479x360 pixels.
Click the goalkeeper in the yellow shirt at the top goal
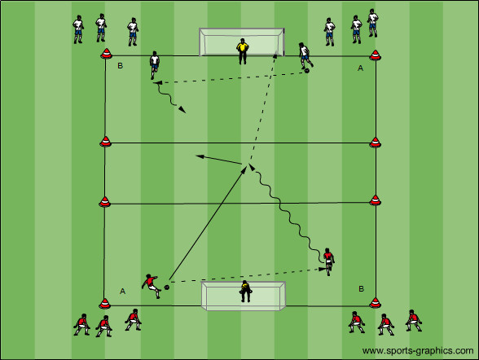242,51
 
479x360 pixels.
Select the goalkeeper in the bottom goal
246,291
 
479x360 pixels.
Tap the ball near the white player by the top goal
306,71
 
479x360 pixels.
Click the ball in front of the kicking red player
167,287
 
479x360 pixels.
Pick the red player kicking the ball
152,286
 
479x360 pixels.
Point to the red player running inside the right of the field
328,261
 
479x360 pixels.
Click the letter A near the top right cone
360,68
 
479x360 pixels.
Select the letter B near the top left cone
120,66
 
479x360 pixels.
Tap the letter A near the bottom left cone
122,291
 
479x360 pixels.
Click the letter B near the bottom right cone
361,288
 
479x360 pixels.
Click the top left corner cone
106,53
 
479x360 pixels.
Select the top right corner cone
375,55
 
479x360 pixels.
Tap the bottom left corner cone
105,303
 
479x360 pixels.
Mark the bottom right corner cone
375,302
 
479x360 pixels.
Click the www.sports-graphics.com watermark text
418,350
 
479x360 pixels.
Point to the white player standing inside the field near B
154,65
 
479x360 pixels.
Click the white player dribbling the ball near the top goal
305,56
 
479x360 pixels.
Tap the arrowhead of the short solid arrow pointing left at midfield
200,156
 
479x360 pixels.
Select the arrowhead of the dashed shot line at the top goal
275,55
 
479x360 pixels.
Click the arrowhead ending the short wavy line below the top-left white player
182,109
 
